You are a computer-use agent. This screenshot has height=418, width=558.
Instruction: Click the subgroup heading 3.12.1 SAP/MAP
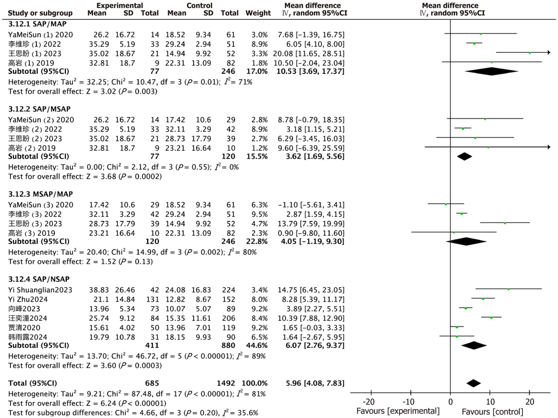[x=37, y=24]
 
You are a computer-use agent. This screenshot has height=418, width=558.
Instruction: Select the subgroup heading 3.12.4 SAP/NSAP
[x=39, y=279]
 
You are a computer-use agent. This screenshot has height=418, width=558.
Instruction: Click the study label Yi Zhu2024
[x=28, y=299]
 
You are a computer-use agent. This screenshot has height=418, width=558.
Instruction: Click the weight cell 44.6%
[x=257, y=345]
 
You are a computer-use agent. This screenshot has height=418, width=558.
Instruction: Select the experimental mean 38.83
[x=99, y=290]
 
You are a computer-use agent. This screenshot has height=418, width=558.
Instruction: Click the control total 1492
[x=226, y=383]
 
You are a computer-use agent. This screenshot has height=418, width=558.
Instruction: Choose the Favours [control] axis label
[x=492, y=412]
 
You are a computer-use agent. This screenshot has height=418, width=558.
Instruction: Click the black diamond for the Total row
[x=474, y=383]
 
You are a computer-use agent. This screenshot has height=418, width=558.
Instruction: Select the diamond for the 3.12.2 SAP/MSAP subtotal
[x=465, y=156]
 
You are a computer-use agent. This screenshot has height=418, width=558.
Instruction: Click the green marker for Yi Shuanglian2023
[x=509, y=289]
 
